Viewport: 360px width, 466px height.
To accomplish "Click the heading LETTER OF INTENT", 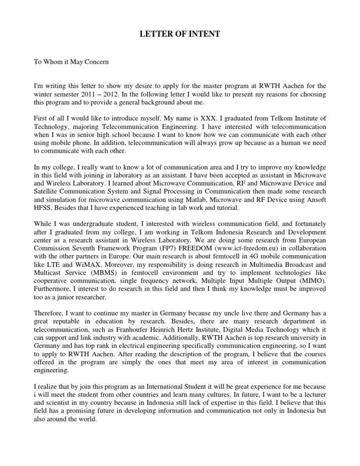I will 180,35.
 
